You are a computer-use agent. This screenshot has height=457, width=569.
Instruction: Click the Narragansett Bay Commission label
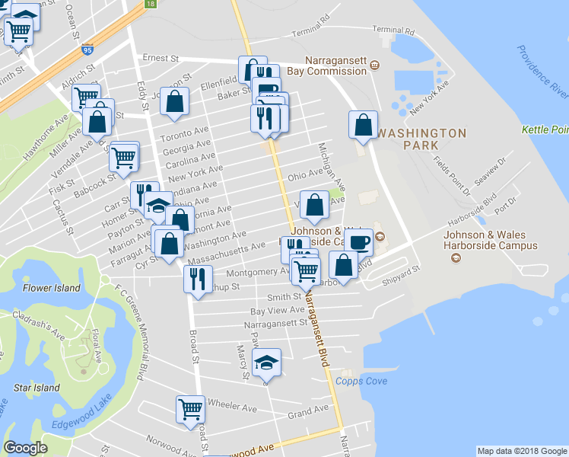click(335, 66)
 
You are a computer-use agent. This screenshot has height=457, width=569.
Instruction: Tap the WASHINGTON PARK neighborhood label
click(421, 139)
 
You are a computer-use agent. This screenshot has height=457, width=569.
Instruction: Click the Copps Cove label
click(361, 382)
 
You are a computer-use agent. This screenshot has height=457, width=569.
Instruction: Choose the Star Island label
click(37, 388)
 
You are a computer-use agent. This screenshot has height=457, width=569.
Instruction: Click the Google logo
click(25, 448)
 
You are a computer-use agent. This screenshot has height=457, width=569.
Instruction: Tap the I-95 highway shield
click(87, 50)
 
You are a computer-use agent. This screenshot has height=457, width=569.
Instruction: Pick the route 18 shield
click(151, 4)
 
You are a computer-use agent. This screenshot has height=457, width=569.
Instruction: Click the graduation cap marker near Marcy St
click(266, 363)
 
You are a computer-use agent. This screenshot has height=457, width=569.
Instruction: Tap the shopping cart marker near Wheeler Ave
click(190, 408)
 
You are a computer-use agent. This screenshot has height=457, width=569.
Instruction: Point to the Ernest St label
click(161, 58)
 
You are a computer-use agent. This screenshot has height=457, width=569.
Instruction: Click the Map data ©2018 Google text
click(522, 451)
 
